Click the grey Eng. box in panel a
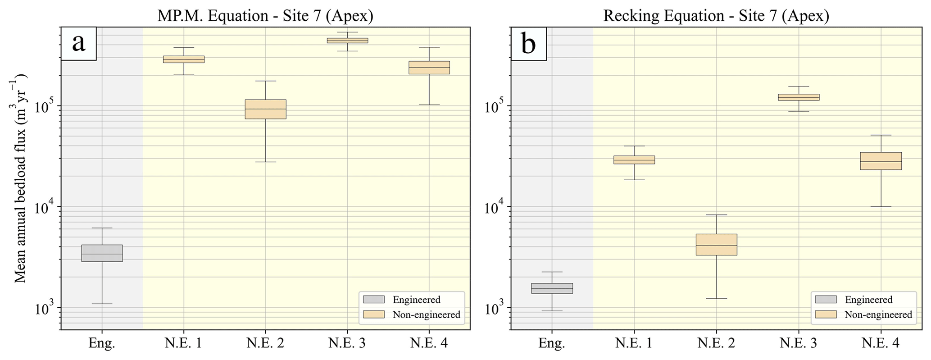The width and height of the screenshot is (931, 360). [102, 253]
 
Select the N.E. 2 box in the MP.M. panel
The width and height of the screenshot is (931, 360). [265, 109]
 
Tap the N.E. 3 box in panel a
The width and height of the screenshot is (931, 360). [347, 41]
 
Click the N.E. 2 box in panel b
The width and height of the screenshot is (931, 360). [716, 245]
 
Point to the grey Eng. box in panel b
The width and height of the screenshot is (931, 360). [552, 288]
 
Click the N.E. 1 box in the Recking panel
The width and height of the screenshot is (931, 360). [634, 160]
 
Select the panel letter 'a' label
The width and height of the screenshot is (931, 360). [79, 44]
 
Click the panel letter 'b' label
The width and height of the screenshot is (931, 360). [528, 44]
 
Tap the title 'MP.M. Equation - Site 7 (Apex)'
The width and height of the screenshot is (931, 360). [265, 16]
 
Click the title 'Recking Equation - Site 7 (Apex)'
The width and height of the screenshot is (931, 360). [716, 16]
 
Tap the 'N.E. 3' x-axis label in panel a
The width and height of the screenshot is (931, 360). [347, 343]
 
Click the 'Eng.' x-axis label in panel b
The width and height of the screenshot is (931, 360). [552, 343]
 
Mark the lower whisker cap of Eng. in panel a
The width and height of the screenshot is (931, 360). [102, 304]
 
